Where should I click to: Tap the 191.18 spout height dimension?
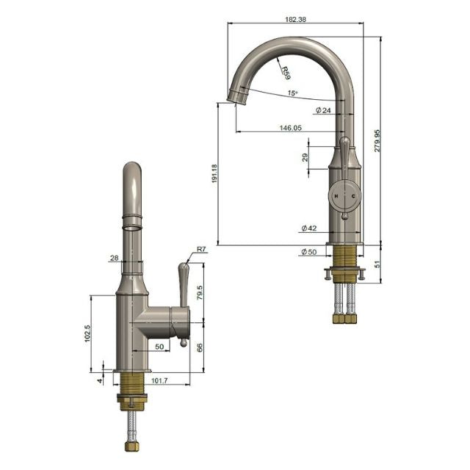(214, 173)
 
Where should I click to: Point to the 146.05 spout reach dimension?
(290, 127)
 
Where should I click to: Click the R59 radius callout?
(284, 72)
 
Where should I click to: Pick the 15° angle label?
(292, 93)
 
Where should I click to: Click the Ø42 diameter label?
(308, 228)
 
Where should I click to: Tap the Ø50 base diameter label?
(308, 252)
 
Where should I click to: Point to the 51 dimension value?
(377, 262)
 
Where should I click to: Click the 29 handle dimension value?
(305, 158)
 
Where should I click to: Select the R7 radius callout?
(201, 250)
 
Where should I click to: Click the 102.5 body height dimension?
(87, 333)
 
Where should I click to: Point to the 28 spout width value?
(114, 258)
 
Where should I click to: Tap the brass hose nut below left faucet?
(131, 446)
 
